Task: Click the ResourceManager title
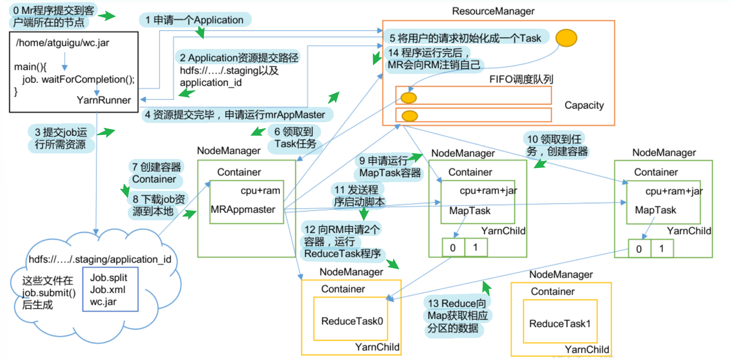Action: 493,11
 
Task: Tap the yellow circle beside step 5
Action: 566,38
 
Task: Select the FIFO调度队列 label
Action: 521,79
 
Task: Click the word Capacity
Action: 584,105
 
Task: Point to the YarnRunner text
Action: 104,100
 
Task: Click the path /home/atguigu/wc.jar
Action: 62,43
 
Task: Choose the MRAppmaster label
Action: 243,209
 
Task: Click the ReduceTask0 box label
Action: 352,321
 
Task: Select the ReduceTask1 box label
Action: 560,324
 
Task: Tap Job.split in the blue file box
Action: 108,278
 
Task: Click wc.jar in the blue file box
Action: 103,302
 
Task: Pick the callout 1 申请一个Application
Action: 195,20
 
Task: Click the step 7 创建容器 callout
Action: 156,173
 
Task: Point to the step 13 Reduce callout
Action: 457,315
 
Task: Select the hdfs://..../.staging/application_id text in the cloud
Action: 100,259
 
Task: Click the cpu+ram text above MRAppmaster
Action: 260,191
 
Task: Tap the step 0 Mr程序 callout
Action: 53,16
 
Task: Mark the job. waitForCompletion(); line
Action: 78,79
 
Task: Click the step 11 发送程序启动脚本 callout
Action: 358,196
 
